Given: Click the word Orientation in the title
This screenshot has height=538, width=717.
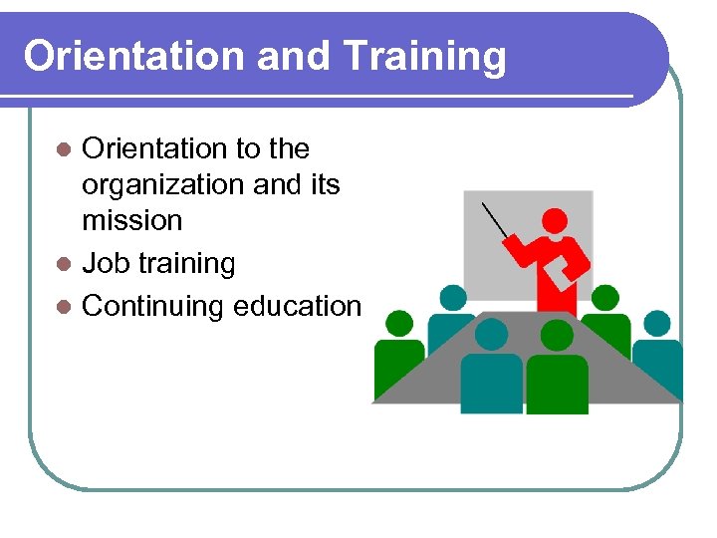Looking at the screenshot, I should coord(134,56).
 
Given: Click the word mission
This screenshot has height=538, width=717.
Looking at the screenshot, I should coord(131,220).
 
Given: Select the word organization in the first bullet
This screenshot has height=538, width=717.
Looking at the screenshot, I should coord(166,185).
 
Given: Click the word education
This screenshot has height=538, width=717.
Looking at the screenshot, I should coord(297,306).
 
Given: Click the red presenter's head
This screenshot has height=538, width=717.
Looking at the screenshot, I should coord(555,221).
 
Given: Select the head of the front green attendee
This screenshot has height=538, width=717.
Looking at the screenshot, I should coord(557,335).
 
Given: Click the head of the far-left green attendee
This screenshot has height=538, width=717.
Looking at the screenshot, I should coord(398,323).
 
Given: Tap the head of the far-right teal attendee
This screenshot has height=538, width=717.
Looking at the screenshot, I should coord(657,323).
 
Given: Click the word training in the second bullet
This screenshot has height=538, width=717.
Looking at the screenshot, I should coord(188,264).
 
